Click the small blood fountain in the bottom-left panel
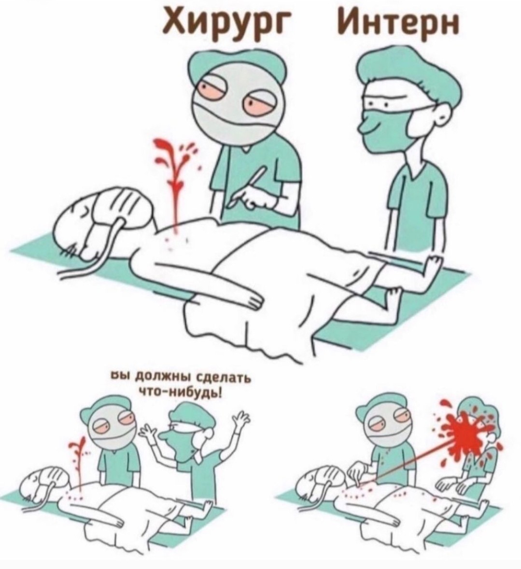78,461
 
